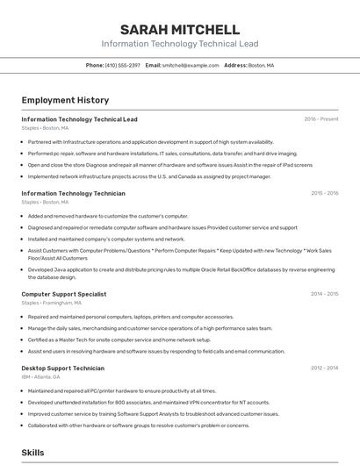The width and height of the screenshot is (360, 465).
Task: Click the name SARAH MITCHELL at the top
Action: click(x=180, y=29)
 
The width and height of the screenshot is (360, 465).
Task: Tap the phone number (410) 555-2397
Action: click(x=122, y=65)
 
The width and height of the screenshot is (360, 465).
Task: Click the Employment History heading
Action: click(x=65, y=100)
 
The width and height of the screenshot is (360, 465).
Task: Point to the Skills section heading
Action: click(x=33, y=452)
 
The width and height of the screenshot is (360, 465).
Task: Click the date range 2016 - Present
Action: click(x=321, y=118)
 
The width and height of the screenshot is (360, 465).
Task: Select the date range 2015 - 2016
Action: click(x=324, y=193)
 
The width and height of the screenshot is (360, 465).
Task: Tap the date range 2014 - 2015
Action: click(x=324, y=294)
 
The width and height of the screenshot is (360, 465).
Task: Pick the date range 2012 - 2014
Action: click(x=324, y=368)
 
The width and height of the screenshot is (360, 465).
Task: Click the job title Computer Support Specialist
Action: click(x=63, y=294)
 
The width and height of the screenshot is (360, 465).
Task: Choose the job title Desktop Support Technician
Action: click(x=62, y=368)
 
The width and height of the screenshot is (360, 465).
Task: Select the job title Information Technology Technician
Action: click(x=73, y=193)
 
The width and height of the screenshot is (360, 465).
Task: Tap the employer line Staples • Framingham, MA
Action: click(x=51, y=303)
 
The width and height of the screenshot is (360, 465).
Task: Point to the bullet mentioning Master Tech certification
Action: click(x=119, y=340)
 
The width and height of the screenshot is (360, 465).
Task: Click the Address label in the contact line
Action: click(x=234, y=65)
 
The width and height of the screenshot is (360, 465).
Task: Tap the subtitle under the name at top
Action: click(x=180, y=43)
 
